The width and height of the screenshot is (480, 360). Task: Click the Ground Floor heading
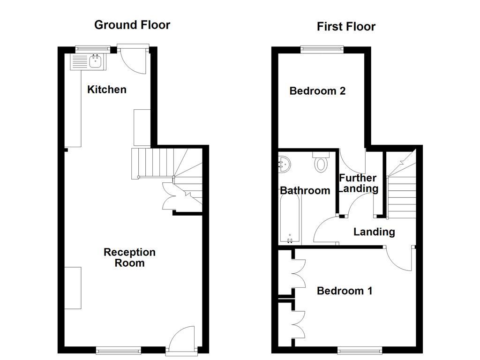coord(132,25)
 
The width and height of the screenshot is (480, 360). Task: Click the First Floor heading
coord(346,27)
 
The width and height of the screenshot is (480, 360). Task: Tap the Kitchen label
coord(107,90)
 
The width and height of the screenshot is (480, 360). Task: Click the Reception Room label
coord(129,257)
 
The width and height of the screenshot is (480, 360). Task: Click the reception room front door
coord(183,339)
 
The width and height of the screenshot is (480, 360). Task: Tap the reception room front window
coord(118,349)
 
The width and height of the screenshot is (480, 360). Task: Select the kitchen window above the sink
coord(93,48)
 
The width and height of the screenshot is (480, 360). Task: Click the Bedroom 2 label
coord(317,91)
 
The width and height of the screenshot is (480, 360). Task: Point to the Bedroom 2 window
coord(322,48)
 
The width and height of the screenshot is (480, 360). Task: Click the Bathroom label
coord(305,190)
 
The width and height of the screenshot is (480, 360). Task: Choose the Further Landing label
coord(358,183)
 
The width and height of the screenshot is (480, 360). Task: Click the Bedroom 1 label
coord(345,291)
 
